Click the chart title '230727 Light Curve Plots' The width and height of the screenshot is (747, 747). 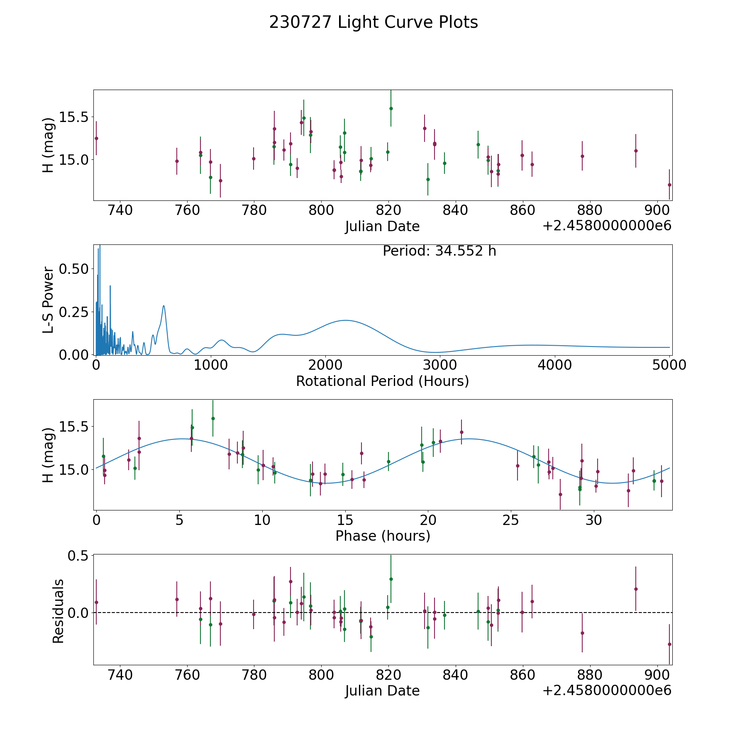373,22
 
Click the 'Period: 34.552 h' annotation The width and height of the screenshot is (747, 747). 439,251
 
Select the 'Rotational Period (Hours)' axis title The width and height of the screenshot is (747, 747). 383,381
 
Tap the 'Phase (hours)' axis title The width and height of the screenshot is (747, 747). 383,536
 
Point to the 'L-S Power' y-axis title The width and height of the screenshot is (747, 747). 49,300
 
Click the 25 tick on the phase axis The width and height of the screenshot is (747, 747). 511,520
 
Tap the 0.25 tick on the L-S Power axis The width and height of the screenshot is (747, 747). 74,312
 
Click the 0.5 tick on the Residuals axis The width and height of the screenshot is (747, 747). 79,555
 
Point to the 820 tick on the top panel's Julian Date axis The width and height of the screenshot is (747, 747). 388,210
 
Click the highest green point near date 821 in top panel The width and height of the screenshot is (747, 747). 391,108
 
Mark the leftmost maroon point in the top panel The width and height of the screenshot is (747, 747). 96,138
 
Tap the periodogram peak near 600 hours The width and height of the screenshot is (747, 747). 164,306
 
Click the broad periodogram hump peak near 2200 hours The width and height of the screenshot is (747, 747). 345,320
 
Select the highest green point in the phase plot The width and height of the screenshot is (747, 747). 213,418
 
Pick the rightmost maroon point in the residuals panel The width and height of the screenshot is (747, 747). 669,644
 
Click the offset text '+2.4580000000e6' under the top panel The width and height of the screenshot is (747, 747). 607,226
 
